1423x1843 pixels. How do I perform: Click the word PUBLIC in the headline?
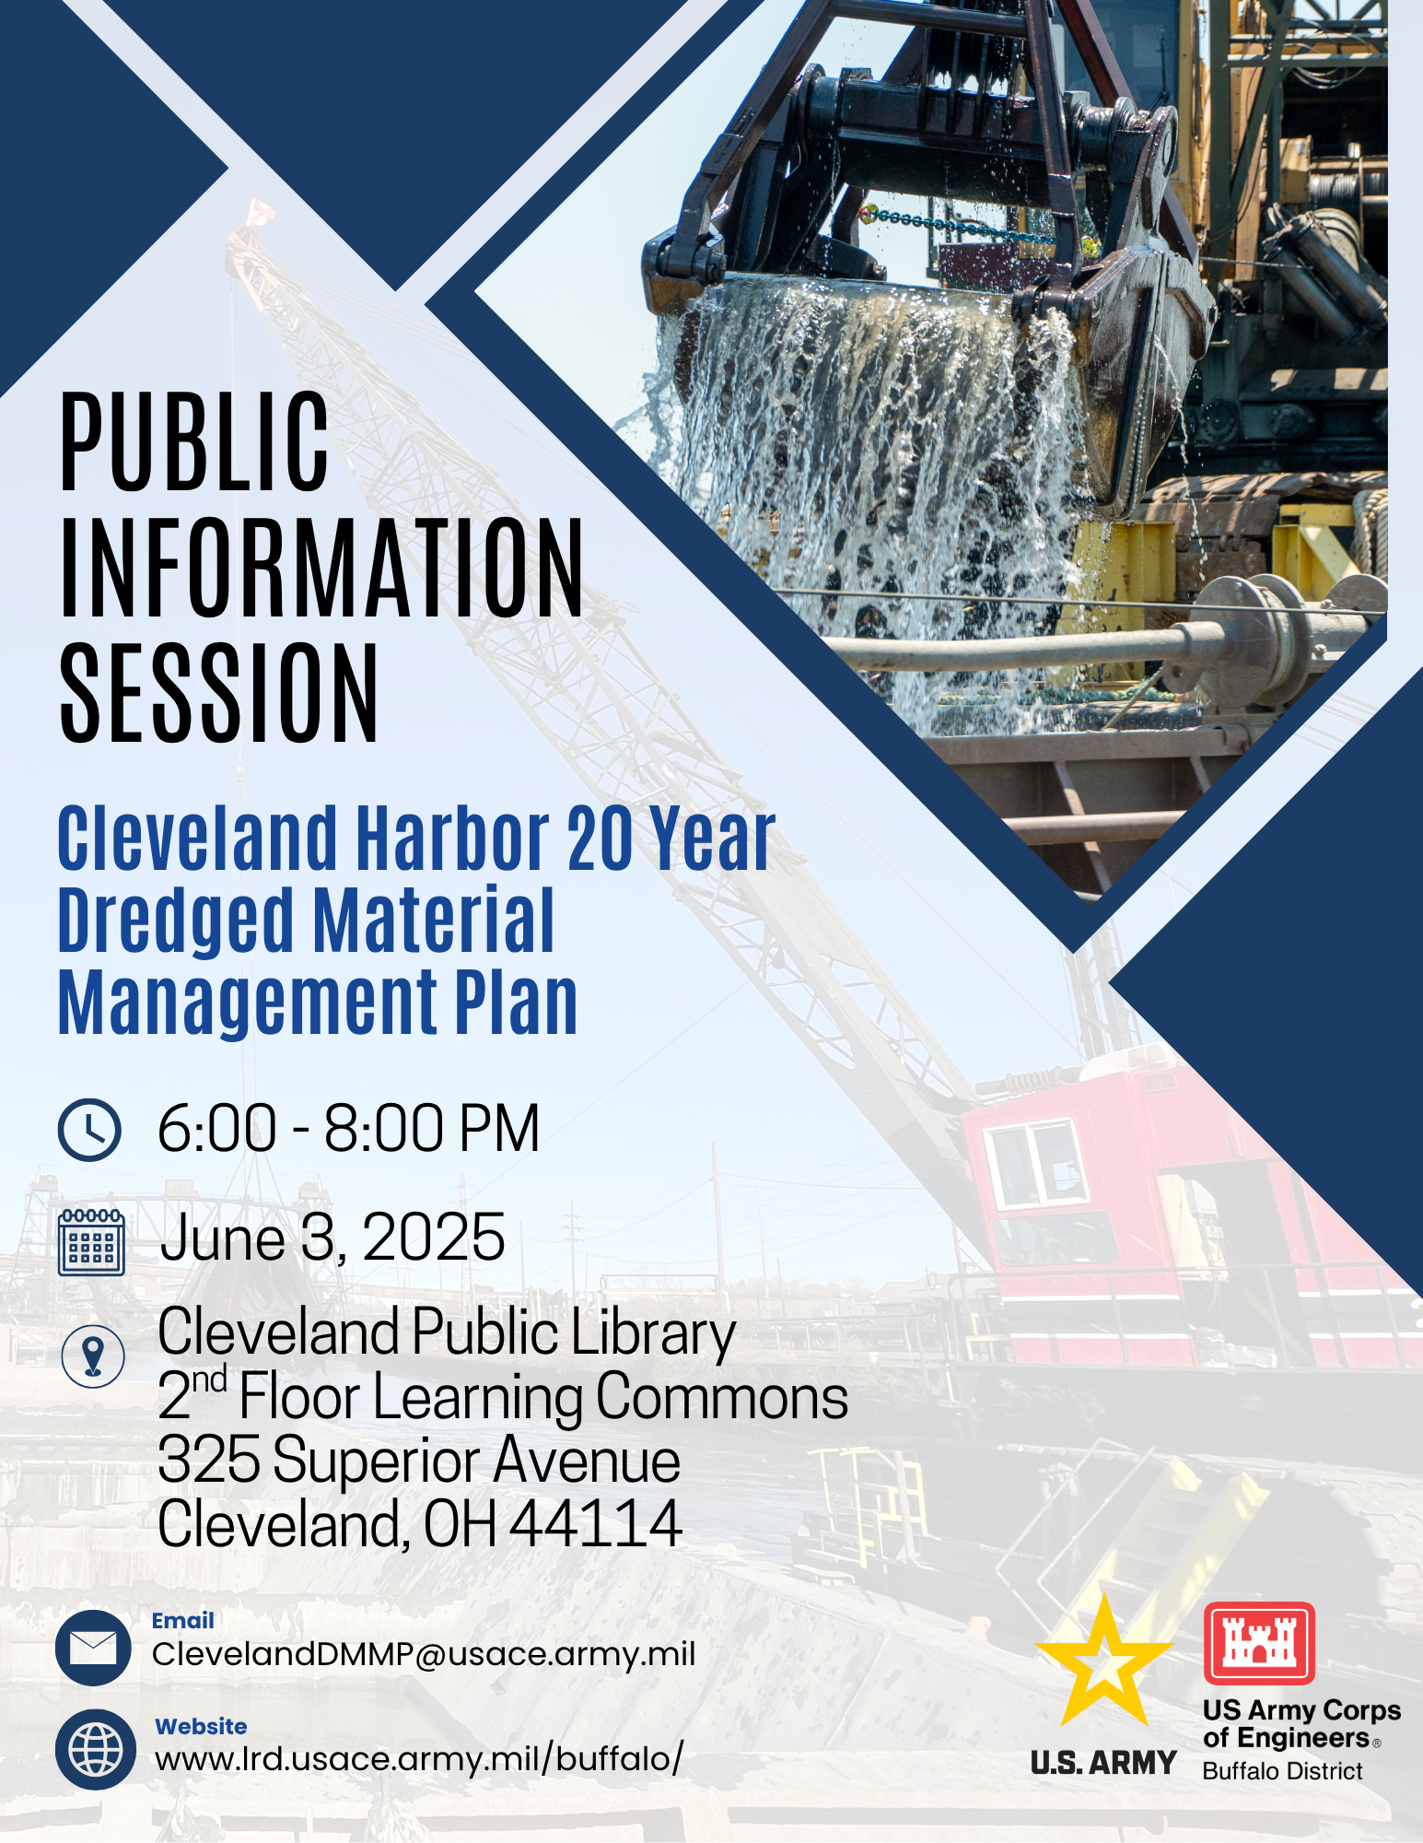tap(194, 441)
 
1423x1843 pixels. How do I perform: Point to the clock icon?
tap(89, 1129)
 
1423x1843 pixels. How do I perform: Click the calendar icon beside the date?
tap(91, 1242)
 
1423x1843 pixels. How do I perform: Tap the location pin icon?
tap(93, 1356)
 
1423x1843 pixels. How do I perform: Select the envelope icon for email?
tap(94, 1649)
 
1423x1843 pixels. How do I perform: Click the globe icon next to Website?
tap(96, 1750)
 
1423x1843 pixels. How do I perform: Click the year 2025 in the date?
tap(434, 1237)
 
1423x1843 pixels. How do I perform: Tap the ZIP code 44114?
tap(596, 1523)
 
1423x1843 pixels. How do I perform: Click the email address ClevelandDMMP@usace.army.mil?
tap(424, 1654)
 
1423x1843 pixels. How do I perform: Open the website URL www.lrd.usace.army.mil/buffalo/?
tap(419, 1759)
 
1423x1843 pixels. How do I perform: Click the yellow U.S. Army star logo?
tap(1104, 1661)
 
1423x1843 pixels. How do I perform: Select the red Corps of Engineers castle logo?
tap(1259, 1643)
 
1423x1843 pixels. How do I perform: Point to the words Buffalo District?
tap(1282, 1771)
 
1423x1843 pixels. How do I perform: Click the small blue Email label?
tap(182, 1621)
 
